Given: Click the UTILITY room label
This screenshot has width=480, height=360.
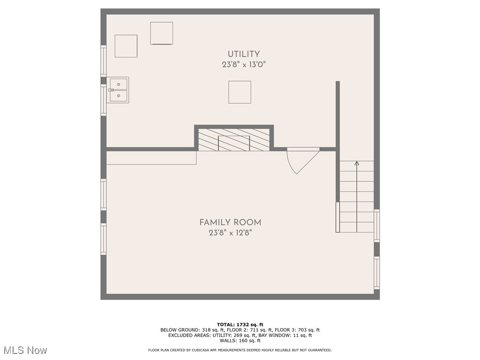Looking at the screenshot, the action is [244, 54].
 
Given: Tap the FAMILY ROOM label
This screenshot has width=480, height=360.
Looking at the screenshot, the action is [230, 223].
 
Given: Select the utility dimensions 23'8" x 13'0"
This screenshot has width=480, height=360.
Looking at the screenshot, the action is [244, 65].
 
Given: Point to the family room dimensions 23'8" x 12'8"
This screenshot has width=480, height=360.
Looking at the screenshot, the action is [230, 233].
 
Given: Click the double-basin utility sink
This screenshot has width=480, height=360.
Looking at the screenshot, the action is [118, 90].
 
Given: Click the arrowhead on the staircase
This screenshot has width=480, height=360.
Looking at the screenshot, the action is [357, 163].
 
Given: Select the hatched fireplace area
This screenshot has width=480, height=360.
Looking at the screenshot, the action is [234, 140].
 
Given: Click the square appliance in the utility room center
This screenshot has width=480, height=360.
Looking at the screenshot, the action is [240, 92].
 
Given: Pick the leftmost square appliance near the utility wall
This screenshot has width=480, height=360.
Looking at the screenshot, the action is [126, 46].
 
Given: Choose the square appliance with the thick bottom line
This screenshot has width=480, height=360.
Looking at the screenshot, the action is [162, 33].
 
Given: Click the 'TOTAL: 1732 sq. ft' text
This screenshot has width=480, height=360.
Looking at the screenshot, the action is [240, 324].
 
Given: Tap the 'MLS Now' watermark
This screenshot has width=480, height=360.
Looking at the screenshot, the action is [25, 350].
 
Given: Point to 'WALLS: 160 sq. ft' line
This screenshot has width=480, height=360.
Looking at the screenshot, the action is [240, 340].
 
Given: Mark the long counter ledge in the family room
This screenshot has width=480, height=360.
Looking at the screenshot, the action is [151, 158].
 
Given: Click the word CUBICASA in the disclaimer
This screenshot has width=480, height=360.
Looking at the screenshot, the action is [206, 350].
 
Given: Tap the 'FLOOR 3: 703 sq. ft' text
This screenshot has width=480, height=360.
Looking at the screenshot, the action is [297, 330].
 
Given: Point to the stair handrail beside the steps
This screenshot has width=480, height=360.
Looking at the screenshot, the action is [337, 217].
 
